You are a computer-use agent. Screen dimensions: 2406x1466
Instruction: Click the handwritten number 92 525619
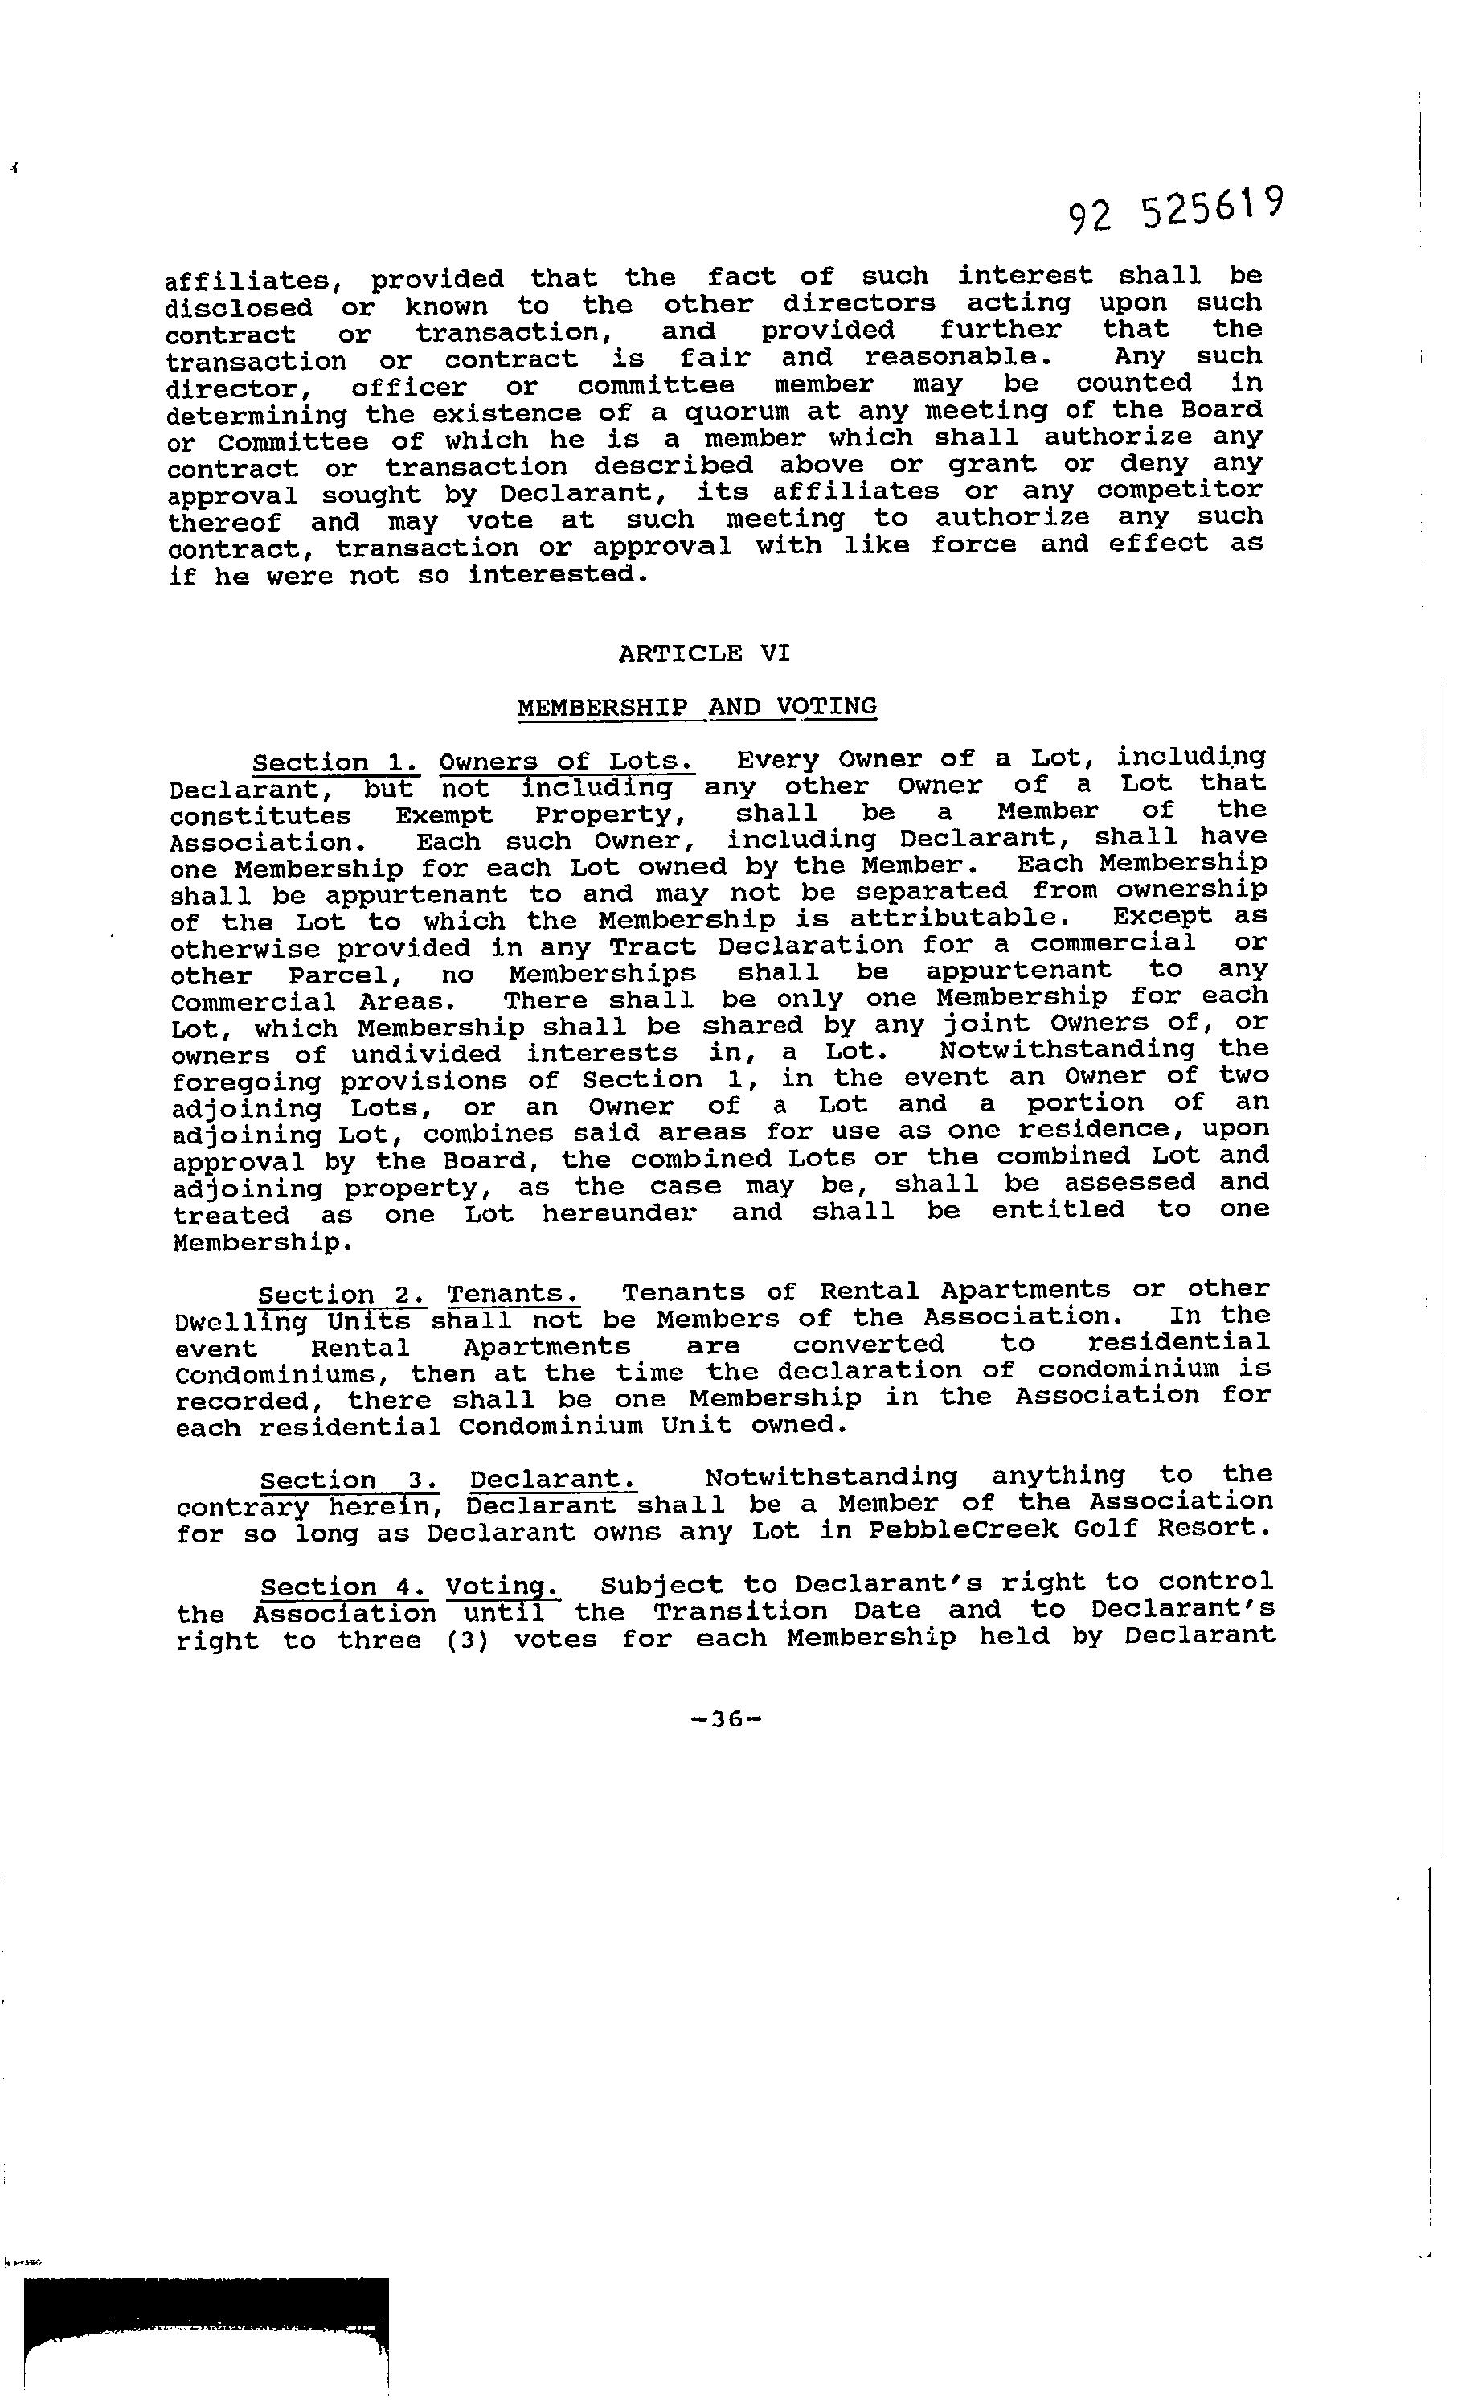(x=1174, y=209)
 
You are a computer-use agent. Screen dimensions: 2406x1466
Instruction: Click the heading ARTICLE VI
(x=704, y=652)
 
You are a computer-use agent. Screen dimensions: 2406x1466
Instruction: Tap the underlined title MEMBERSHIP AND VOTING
(x=697, y=706)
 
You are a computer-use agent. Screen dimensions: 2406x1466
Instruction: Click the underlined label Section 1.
(x=336, y=762)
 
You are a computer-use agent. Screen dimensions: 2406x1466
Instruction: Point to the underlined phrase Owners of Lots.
(x=567, y=761)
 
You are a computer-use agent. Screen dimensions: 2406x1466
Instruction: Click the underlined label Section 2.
(x=342, y=1295)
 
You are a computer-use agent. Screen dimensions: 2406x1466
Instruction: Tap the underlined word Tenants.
(x=514, y=1294)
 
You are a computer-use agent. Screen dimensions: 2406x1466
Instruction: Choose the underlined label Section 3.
(x=343, y=1480)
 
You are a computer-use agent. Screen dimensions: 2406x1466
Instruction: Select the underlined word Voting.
(x=502, y=1586)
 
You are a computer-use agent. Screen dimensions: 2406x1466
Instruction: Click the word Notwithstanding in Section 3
(x=830, y=1476)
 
